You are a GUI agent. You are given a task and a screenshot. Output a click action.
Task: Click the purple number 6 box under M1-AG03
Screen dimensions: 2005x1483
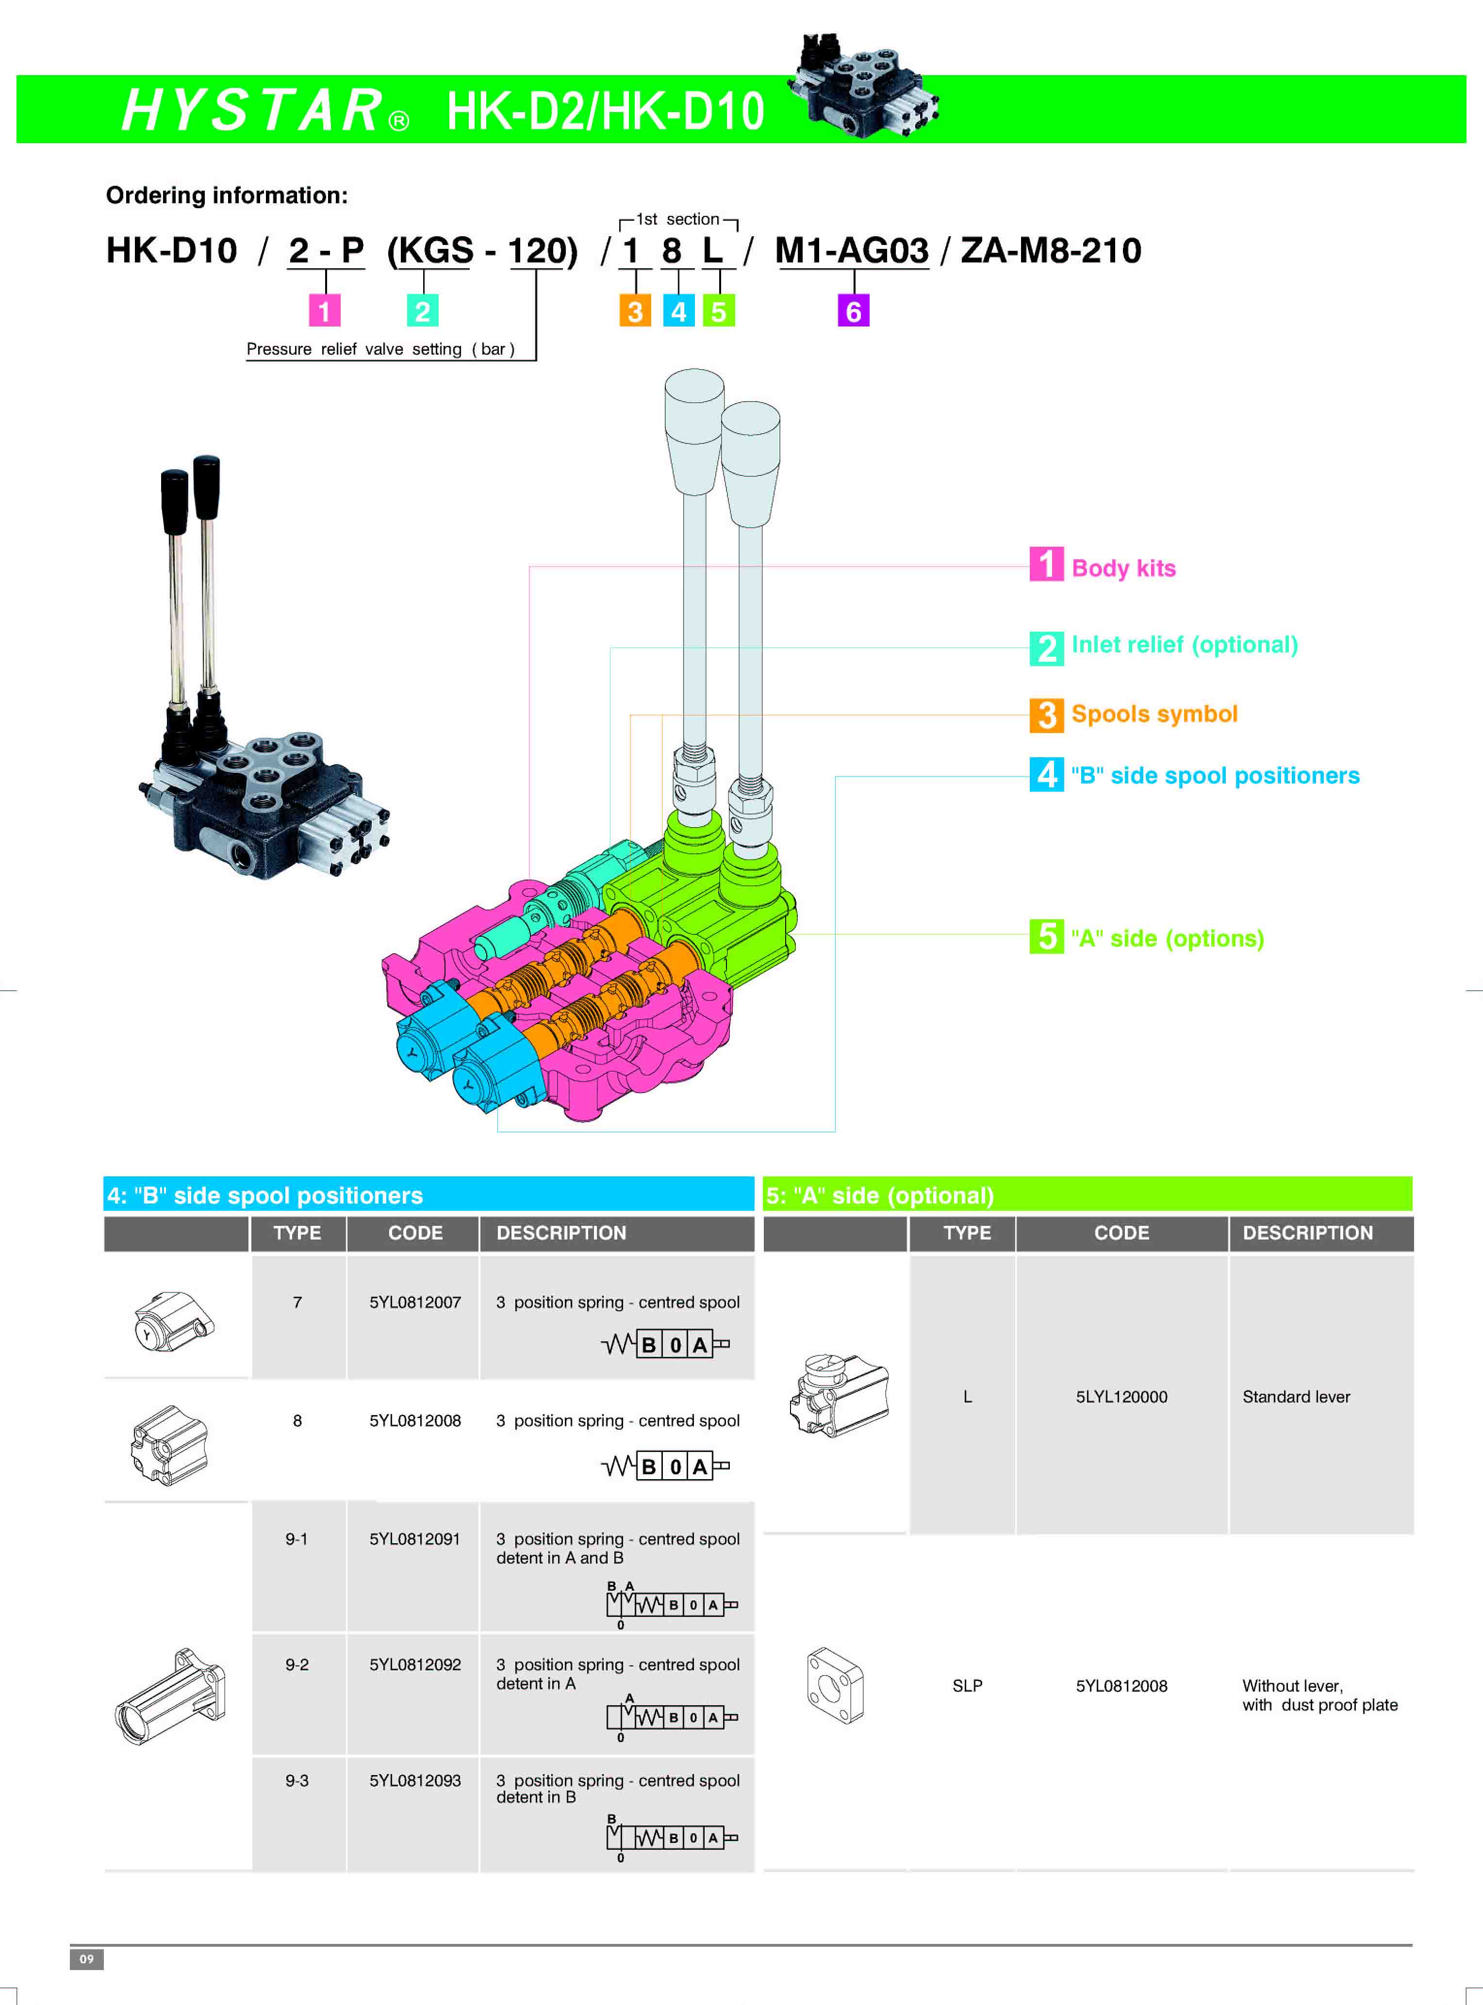point(853,311)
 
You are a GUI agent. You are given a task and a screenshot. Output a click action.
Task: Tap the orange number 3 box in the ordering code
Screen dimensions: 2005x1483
point(635,311)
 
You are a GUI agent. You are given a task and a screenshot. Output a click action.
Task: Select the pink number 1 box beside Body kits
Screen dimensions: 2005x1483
point(1046,565)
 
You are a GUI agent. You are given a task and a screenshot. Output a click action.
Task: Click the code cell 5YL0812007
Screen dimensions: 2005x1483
point(415,1302)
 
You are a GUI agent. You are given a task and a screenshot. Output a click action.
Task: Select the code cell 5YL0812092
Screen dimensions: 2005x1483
point(415,1665)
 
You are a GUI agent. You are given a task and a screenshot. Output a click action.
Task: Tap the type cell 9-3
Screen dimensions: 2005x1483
point(297,1780)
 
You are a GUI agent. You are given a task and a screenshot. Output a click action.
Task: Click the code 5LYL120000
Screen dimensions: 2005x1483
point(1121,1397)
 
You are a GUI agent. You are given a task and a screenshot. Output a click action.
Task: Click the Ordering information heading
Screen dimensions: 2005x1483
point(226,196)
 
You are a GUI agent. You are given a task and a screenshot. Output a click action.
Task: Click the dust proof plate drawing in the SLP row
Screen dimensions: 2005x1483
point(835,1685)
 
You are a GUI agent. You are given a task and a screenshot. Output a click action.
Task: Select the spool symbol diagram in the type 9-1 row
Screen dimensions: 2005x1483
point(672,1605)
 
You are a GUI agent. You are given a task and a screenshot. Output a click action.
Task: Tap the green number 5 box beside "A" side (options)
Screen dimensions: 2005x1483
point(1046,937)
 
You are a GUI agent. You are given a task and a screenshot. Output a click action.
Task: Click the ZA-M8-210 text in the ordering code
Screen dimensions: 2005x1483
point(1050,250)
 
